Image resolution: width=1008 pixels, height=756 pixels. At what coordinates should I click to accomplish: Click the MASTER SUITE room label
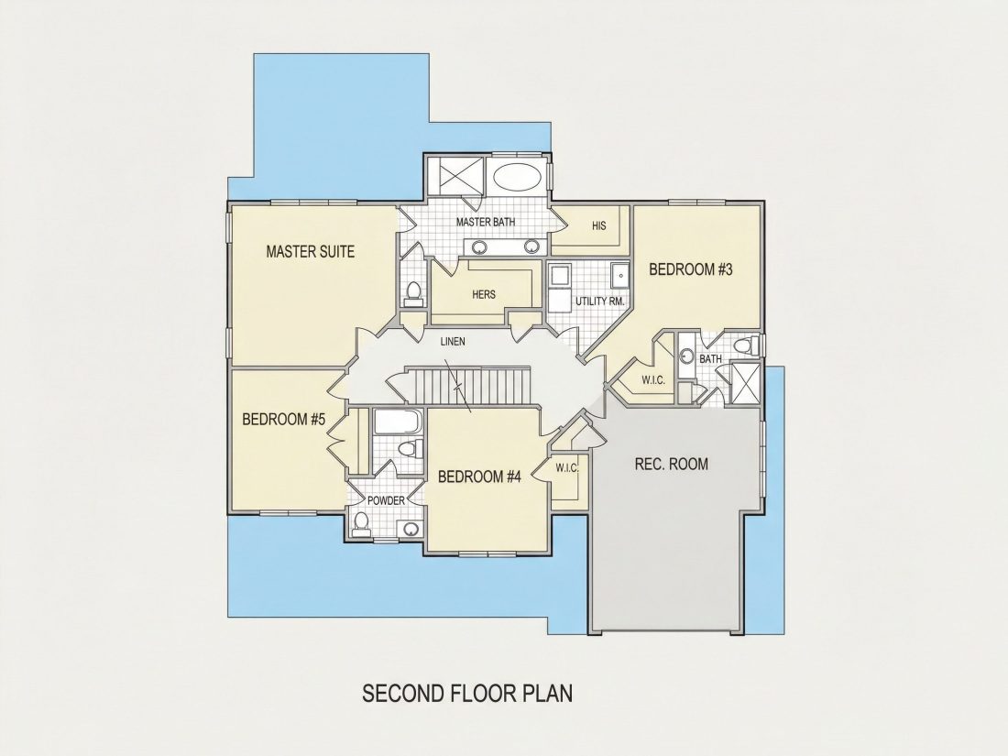click(310, 251)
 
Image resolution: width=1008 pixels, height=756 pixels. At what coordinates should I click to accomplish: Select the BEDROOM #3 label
click(690, 269)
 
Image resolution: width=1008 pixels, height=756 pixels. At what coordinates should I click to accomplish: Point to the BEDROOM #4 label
click(479, 477)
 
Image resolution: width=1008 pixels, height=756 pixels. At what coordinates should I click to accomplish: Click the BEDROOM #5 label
click(283, 420)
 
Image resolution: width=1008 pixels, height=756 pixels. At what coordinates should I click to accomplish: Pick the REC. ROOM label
click(671, 465)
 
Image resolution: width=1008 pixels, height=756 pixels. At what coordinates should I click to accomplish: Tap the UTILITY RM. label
click(600, 301)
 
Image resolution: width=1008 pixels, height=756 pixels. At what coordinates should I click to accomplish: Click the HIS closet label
click(598, 226)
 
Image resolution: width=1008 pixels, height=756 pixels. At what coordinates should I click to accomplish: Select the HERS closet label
click(484, 294)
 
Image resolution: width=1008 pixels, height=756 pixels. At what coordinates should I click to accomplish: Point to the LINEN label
click(453, 342)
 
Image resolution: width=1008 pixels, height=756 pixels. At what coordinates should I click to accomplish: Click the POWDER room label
click(386, 500)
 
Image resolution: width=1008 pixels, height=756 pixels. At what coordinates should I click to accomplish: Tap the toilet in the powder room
click(362, 523)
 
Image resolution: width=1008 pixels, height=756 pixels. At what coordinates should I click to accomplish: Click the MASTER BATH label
click(486, 223)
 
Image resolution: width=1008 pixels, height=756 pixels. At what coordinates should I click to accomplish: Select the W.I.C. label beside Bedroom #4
click(567, 468)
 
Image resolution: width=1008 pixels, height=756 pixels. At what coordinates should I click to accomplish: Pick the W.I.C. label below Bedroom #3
click(653, 380)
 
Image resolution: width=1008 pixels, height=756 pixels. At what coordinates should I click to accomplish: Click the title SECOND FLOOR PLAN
click(467, 694)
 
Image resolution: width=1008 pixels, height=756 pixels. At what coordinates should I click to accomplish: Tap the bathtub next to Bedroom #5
click(398, 423)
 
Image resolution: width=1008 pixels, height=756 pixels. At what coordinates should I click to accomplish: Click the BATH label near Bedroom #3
click(710, 358)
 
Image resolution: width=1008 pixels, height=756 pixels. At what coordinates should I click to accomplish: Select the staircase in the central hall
click(472, 385)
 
